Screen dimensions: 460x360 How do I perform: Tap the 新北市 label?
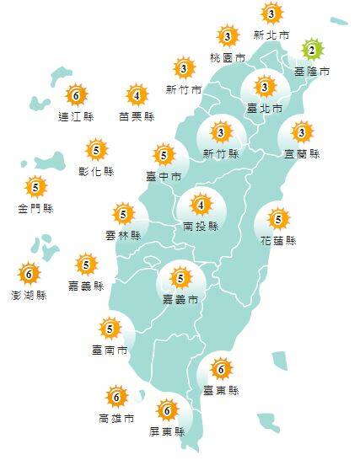coord(271,35)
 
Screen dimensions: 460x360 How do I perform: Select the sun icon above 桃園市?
coord(228,36)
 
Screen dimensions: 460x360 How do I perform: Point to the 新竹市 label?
coord(184,89)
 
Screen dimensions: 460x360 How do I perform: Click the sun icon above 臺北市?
coord(264,87)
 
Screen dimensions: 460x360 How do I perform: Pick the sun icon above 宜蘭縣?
coord(302,132)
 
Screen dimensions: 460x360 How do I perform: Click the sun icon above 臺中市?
coord(164,155)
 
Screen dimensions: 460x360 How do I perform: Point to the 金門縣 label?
coord(35,208)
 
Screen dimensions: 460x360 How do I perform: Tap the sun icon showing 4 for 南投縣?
coord(201,205)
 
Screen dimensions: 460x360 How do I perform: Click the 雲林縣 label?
coord(123,237)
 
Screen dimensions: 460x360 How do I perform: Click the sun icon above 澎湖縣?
coord(29,273)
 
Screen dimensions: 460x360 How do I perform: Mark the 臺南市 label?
coord(110,349)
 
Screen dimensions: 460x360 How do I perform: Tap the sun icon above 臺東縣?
coord(221,368)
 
